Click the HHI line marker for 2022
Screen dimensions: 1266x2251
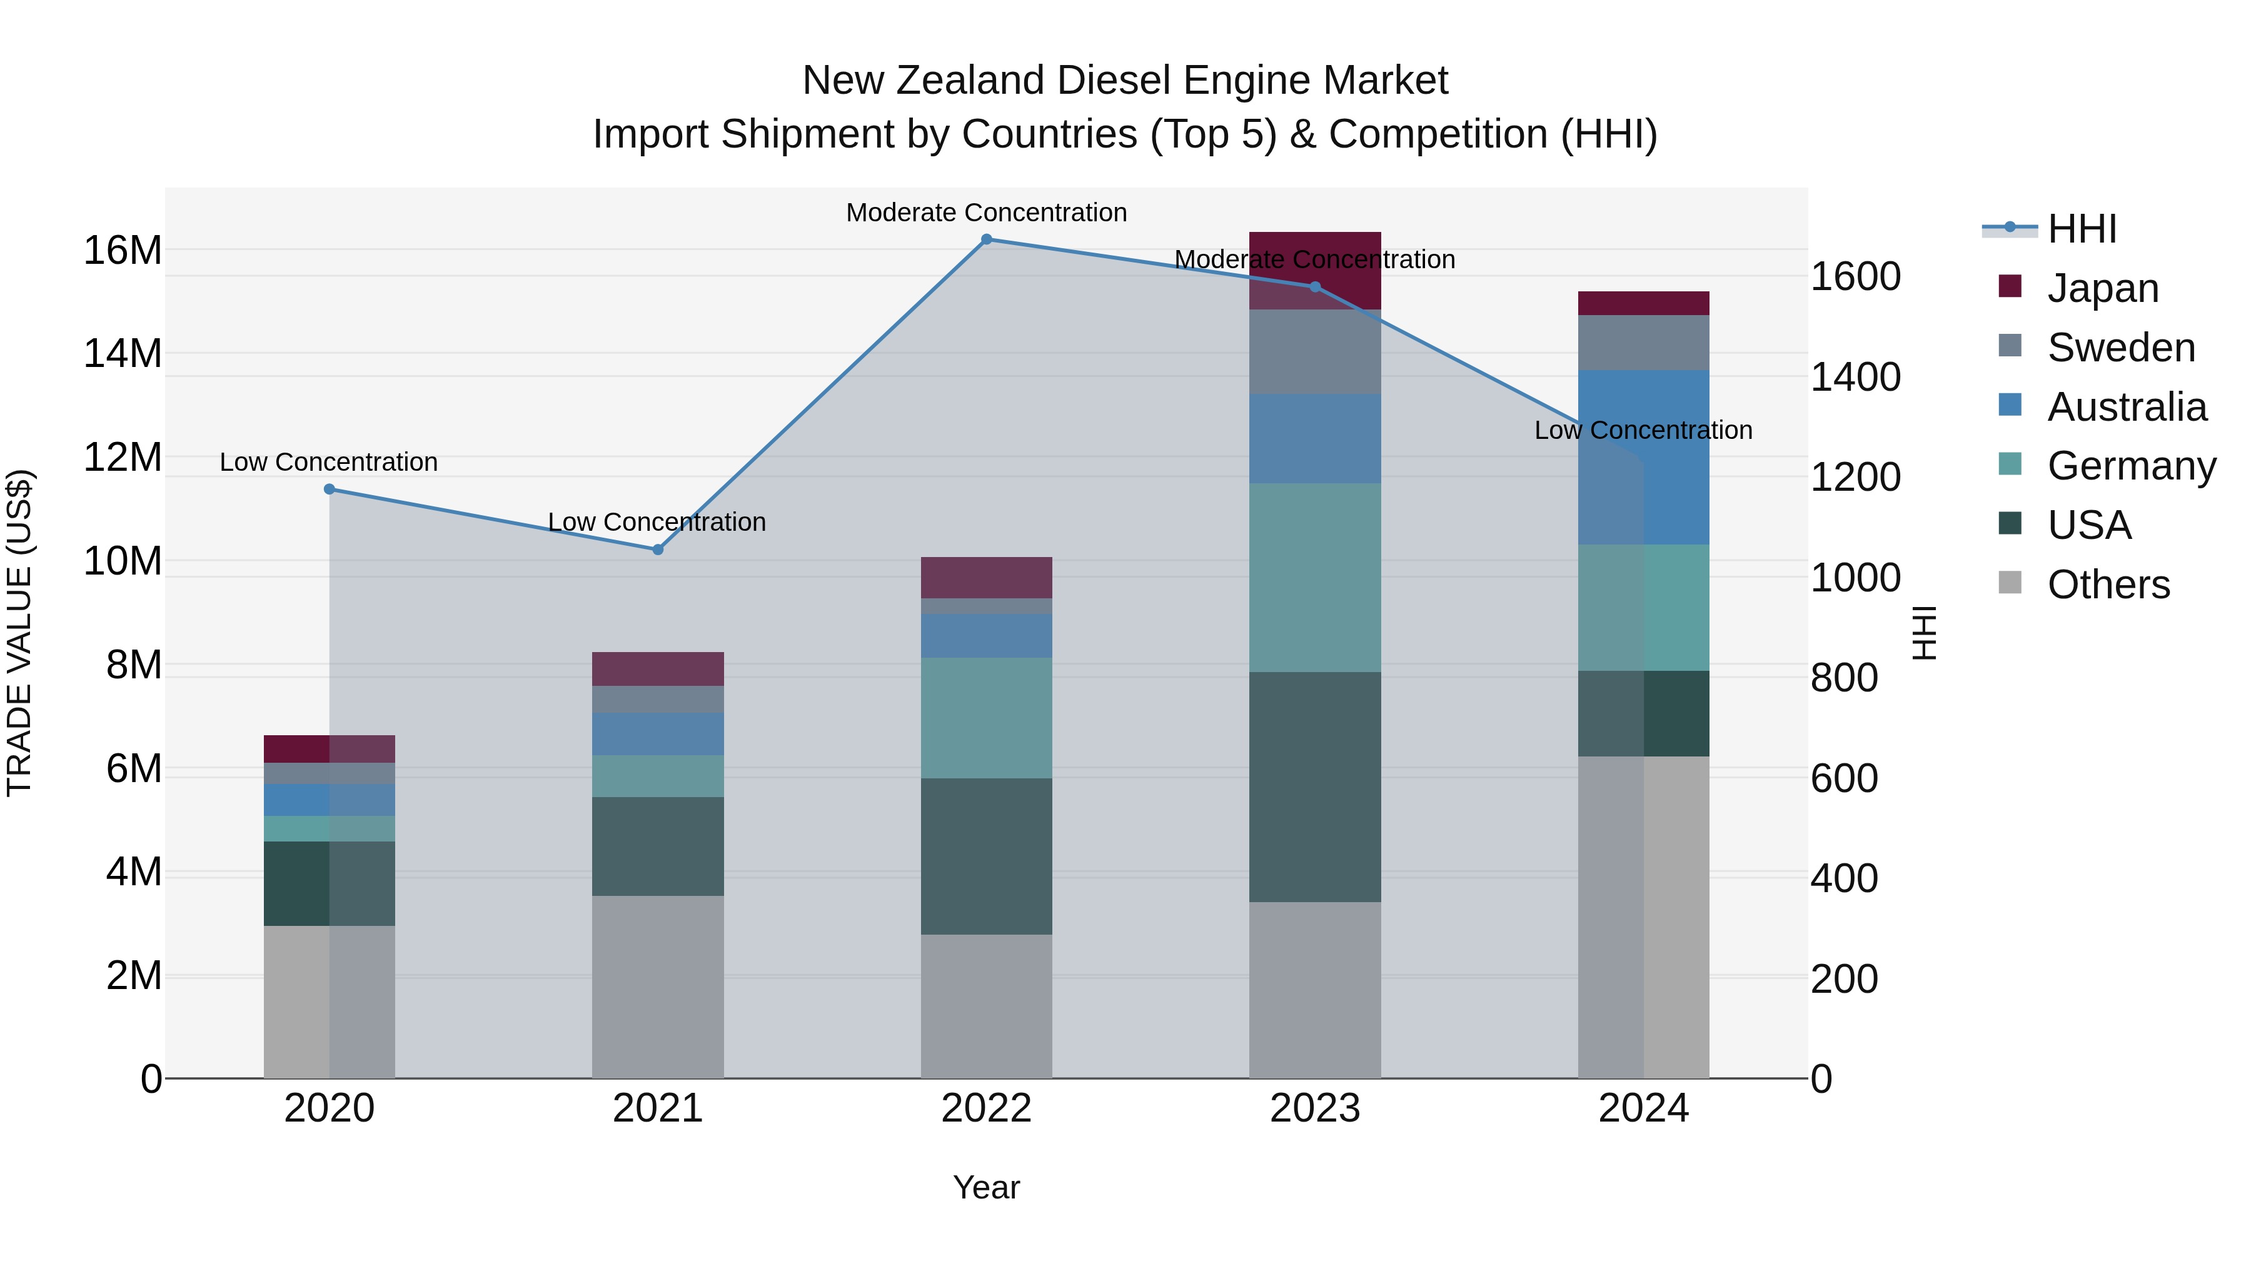tap(987, 239)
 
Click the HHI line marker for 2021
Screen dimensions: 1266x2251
tap(658, 550)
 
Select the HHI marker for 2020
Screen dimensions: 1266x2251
tap(330, 490)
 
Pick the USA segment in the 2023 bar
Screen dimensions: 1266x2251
tap(1314, 786)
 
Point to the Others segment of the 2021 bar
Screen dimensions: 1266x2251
tap(658, 987)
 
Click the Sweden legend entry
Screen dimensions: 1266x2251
tap(2121, 348)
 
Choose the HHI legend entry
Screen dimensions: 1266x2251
tap(2082, 229)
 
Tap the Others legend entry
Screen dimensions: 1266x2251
tap(2108, 585)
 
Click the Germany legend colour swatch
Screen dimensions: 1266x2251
tap(2010, 464)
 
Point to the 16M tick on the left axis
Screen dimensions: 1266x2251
tap(123, 251)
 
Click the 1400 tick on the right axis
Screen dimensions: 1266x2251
tap(1855, 378)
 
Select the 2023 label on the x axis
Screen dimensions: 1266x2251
tap(1314, 1108)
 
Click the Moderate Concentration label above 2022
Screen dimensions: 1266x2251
tap(987, 213)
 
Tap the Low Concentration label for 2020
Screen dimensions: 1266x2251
tap(328, 462)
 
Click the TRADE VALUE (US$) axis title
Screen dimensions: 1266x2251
tap(19, 633)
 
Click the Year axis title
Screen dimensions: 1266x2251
tap(987, 1187)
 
